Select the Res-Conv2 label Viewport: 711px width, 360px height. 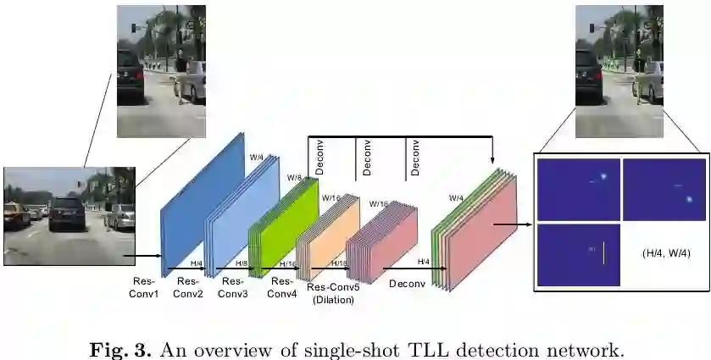tap(187, 288)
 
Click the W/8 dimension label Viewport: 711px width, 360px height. tap(294, 178)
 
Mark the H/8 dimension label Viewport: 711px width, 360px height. tap(242, 264)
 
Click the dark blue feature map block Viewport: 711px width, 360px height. tap(199, 203)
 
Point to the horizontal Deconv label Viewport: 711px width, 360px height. tap(406, 285)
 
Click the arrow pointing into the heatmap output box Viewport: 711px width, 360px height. tap(514, 225)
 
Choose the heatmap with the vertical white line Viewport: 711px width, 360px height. tap(579, 253)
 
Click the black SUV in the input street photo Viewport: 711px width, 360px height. tap(68, 213)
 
